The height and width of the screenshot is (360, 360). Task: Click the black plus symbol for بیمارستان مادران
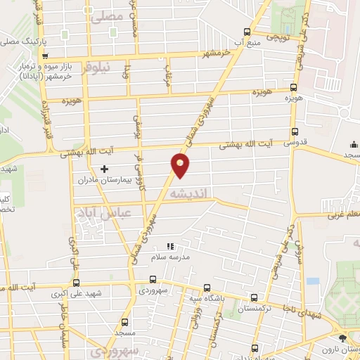104,169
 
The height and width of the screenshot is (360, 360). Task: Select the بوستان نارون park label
345,349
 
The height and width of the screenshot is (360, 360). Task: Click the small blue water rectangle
312,281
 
